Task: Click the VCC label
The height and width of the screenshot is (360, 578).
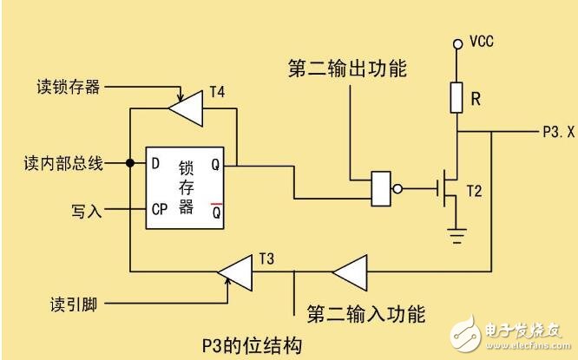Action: pos(483,42)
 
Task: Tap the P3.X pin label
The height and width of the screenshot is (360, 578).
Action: pos(553,133)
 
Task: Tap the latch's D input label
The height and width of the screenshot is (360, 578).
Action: pos(155,162)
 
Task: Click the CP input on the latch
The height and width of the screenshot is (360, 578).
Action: pos(159,209)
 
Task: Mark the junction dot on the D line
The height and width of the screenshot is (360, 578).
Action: pos(128,162)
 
